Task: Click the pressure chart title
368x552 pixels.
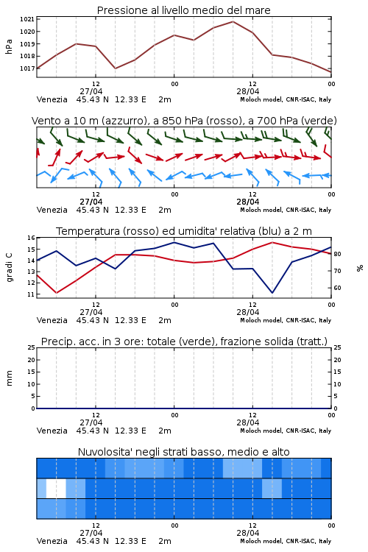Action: pyautogui.click(x=183, y=10)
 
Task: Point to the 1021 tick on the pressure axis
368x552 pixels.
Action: pyautogui.click(x=27, y=19)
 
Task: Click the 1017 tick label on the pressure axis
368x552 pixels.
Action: pyautogui.click(x=27, y=68)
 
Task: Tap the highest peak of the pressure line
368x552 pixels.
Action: pyautogui.click(x=233, y=21)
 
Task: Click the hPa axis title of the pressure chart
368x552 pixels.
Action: pyautogui.click(x=9, y=46)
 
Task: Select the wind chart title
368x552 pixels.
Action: pyautogui.click(x=184, y=121)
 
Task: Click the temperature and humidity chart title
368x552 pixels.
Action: pyautogui.click(x=184, y=231)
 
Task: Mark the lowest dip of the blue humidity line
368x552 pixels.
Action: pyautogui.click(x=272, y=292)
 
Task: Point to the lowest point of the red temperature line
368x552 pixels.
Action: pyautogui.click(x=57, y=293)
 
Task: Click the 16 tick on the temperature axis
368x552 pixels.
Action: pyautogui.click(x=31, y=238)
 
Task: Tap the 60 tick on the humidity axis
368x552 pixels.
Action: pyautogui.click(x=337, y=288)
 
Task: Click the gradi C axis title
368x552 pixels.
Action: pyautogui.click(x=10, y=267)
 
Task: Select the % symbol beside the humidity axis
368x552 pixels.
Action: pyautogui.click(x=360, y=268)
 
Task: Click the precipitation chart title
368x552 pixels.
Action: pyautogui.click(x=184, y=342)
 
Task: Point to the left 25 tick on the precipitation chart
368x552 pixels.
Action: pyautogui.click(x=31, y=348)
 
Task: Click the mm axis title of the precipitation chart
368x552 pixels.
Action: pyautogui.click(x=9, y=378)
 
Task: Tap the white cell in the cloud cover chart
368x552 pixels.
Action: pyautogui.click(x=56, y=489)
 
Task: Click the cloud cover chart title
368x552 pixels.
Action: pyautogui.click(x=184, y=452)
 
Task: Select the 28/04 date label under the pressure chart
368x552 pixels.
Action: pyautogui.click(x=248, y=91)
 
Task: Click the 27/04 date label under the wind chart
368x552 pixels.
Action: pyautogui.click(x=91, y=202)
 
